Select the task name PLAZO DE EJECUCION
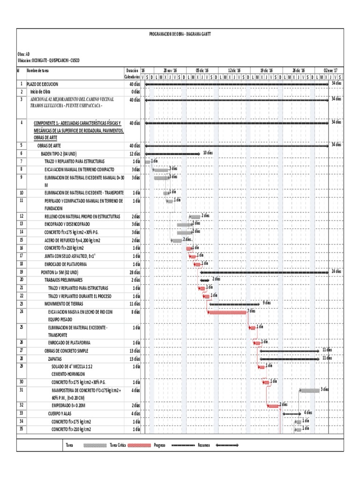43,83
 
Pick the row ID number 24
22,311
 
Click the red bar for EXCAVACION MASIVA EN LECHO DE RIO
227,312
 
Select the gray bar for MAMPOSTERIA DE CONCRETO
309,390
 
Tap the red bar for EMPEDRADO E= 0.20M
273,405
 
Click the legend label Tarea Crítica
117,445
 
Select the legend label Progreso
159,445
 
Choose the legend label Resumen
204,445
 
